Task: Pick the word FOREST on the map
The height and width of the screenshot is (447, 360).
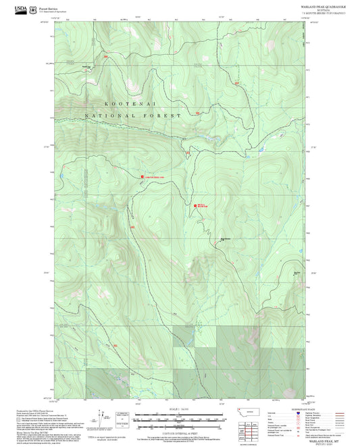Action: (165, 116)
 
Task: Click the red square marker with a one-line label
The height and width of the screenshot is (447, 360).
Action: (142, 177)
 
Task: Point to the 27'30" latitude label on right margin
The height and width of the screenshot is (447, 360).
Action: (312, 147)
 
